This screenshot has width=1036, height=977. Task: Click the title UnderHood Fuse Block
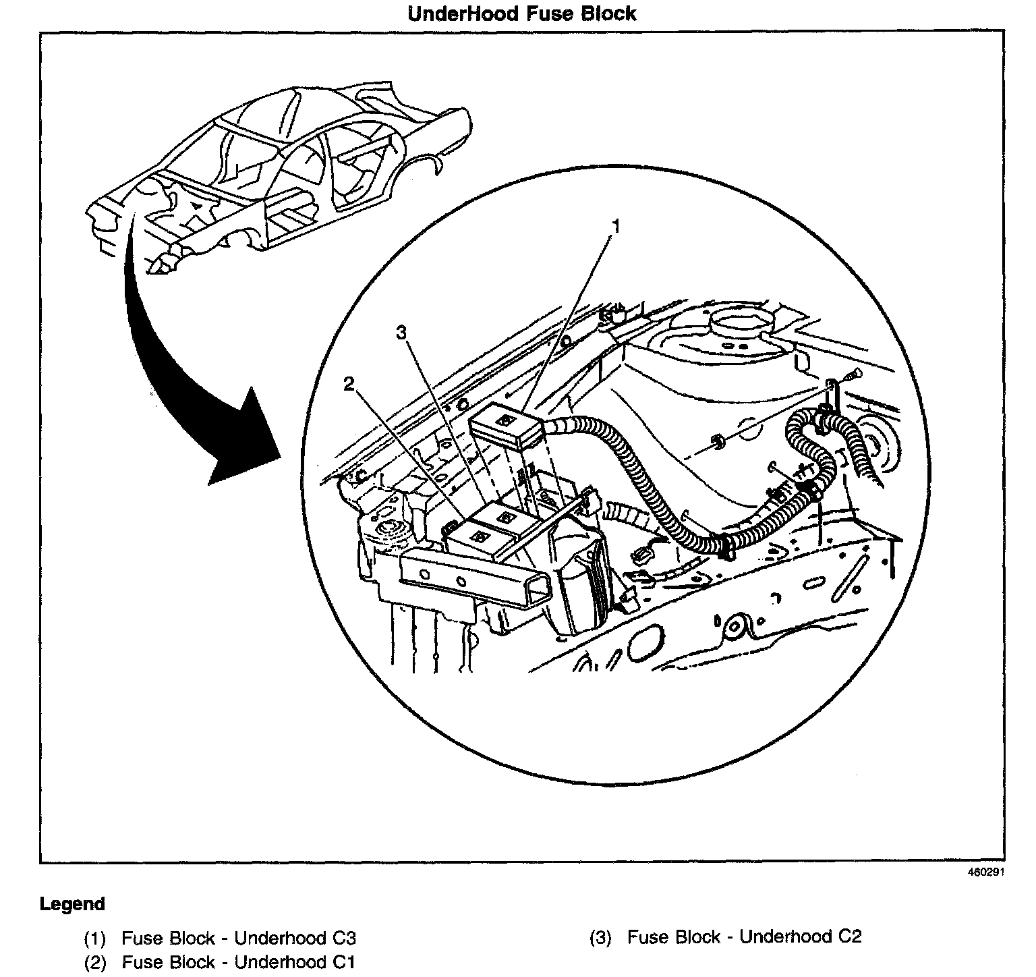(521, 13)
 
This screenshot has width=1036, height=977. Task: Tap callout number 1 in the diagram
(614, 226)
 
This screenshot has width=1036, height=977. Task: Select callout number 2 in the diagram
(348, 385)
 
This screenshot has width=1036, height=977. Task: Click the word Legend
(72, 904)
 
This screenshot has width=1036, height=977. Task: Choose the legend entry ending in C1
(238, 962)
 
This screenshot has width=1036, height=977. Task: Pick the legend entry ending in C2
(744, 937)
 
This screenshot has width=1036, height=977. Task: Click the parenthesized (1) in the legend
(95, 939)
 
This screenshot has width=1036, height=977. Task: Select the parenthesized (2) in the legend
(95, 963)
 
